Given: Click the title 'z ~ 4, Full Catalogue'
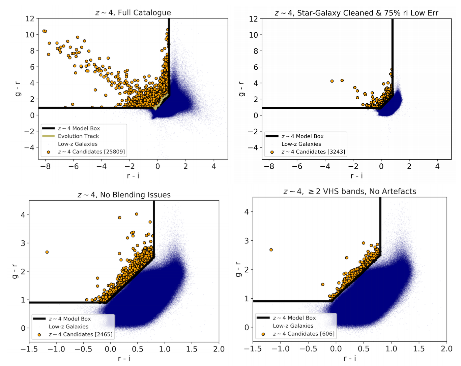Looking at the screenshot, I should point(133,13).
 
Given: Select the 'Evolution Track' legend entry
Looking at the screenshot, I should point(78,136).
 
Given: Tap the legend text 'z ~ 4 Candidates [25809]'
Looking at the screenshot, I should point(91,152).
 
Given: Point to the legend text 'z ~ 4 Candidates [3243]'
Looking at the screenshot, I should point(313,152).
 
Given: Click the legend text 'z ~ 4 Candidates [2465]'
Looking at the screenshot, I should point(81,334).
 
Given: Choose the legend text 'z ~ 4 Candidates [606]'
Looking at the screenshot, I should point(304,334).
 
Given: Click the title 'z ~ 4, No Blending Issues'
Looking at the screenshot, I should point(124,195).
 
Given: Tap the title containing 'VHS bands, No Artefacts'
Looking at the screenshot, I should point(350,192).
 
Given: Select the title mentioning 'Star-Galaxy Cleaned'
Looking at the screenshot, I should point(356,13).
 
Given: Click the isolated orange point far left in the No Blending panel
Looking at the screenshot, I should point(47,252).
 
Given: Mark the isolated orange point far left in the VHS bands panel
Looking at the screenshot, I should point(271,250).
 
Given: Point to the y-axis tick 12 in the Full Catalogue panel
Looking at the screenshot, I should point(30,19).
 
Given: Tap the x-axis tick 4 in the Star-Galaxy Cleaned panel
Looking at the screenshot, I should point(437,166).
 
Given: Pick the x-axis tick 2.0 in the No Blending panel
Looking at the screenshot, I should point(219,349).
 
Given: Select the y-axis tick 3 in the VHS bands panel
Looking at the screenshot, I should point(247,241).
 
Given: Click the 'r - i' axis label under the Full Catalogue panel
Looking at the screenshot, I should point(133,176).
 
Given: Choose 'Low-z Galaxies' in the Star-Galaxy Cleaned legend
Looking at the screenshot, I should point(301,144).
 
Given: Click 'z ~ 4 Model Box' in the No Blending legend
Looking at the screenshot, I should point(70,319).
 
